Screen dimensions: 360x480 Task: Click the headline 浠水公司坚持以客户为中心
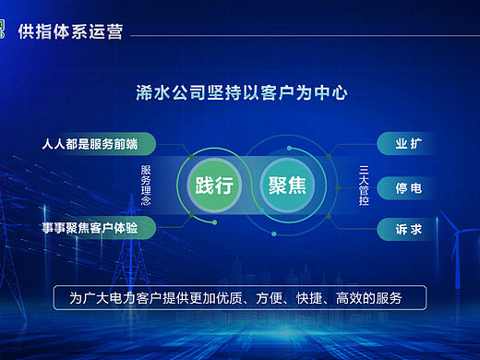(x=240, y=93)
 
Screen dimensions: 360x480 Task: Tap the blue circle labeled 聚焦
(x=288, y=184)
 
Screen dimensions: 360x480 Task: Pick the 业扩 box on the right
(x=407, y=145)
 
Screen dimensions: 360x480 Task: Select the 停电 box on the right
(x=407, y=188)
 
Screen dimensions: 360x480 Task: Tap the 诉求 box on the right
(x=407, y=230)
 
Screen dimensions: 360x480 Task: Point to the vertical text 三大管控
(x=364, y=184)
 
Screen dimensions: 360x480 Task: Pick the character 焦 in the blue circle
(x=299, y=184)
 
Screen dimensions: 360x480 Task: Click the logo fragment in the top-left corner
(x=5, y=30)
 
